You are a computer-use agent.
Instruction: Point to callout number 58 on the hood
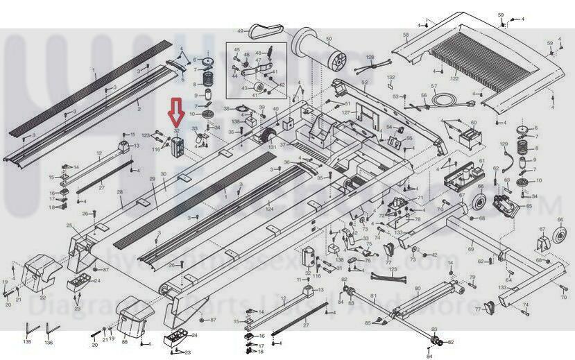(406, 34)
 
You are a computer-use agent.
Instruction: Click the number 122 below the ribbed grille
(454, 79)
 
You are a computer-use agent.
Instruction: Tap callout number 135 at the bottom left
(27, 342)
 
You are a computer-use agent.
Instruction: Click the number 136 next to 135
(48, 342)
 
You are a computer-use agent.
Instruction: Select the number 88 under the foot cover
(124, 341)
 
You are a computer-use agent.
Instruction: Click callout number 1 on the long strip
(94, 70)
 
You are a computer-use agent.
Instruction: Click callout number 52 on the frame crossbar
(363, 83)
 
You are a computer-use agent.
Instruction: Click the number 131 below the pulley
(272, 147)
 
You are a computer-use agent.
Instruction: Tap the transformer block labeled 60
(474, 135)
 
